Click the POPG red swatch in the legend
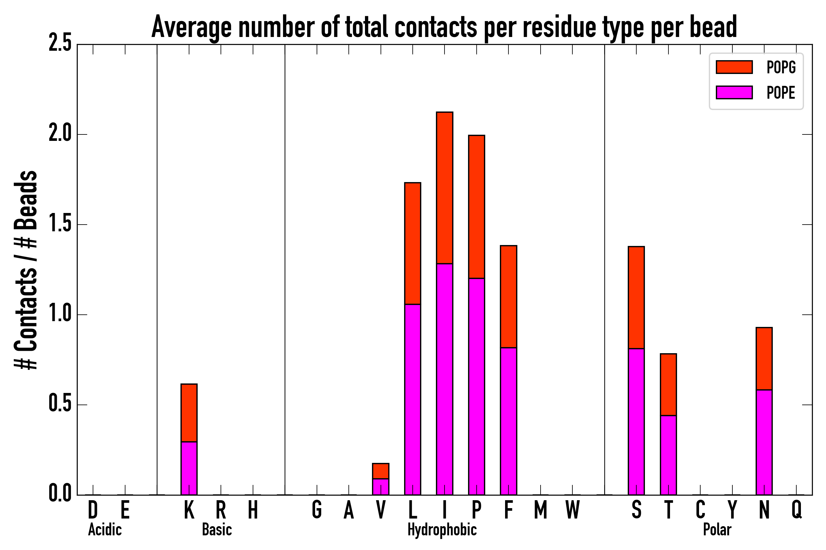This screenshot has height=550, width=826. click(x=734, y=67)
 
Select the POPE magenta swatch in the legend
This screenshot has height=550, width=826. click(x=734, y=92)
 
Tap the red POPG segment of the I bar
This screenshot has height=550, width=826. click(x=445, y=188)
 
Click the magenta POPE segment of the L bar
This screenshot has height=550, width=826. click(x=413, y=399)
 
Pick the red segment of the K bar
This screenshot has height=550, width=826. click(x=189, y=413)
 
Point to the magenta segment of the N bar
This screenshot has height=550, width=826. click(x=764, y=442)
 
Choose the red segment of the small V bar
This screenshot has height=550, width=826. click(x=381, y=471)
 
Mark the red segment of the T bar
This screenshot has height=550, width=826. click(x=668, y=384)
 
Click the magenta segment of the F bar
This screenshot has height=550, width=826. click(x=508, y=421)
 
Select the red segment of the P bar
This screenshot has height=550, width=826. click(x=477, y=207)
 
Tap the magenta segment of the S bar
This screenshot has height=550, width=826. click(x=636, y=422)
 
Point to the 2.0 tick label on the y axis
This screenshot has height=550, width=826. click(x=60, y=134)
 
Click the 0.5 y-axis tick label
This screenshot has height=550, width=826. click(x=60, y=405)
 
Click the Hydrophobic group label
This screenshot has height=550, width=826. click(x=442, y=530)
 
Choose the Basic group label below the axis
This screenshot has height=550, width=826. click(x=217, y=530)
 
